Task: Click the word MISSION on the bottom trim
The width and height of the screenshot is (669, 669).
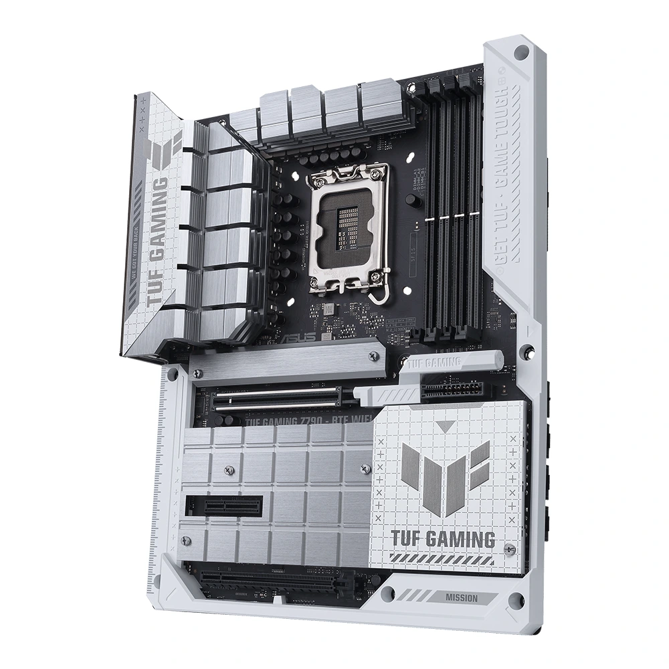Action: (x=461, y=597)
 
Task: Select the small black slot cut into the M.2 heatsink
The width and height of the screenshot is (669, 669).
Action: (x=224, y=505)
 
